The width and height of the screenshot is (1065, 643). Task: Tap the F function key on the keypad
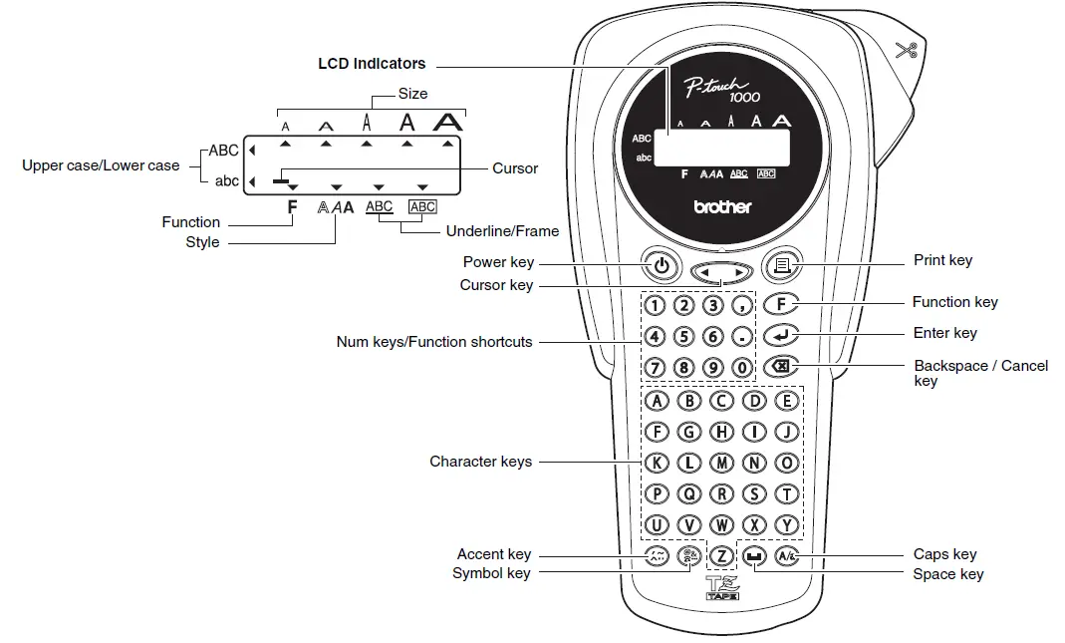tap(781, 304)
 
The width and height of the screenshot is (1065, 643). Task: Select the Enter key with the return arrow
tap(781, 335)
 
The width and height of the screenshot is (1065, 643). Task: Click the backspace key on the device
tap(781, 367)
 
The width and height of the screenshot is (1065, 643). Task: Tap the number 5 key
tap(684, 336)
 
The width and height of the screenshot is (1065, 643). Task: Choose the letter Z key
tap(721, 556)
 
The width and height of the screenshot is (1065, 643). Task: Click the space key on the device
tap(755, 556)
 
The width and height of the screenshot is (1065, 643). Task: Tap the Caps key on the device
tap(786, 556)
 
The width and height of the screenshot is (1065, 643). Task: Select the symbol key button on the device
tap(688, 556)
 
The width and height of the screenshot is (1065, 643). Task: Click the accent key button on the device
tap(657, 556)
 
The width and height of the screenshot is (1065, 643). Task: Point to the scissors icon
tap(905, 50)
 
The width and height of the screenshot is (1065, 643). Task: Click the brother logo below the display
tap(722, 207)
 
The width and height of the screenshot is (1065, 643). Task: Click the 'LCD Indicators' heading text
tap(372, 64)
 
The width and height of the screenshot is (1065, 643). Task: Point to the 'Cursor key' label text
tap(496, 285)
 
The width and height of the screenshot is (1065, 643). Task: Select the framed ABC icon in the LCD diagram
tap(423, 206)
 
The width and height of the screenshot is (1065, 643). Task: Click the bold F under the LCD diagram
tap(292, 207)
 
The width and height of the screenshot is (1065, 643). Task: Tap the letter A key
tap(656, 401)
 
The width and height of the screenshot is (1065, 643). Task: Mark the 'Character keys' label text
tap(480, 462)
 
